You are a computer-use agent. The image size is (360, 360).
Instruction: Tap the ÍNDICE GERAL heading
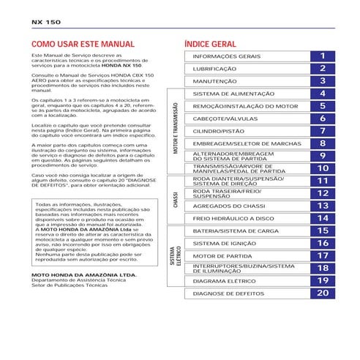[211, 44]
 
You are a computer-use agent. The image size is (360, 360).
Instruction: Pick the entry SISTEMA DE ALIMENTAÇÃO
[233, 94]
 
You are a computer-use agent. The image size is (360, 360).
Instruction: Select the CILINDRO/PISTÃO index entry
[219, 131]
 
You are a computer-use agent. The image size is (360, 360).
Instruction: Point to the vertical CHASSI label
[176, 199]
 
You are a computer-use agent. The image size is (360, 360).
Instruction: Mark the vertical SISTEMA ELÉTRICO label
[176, 255]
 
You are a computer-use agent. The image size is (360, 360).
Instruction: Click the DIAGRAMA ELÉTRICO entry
[225, 280]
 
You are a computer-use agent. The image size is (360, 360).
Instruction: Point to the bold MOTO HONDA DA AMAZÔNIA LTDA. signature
[84, 275]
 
